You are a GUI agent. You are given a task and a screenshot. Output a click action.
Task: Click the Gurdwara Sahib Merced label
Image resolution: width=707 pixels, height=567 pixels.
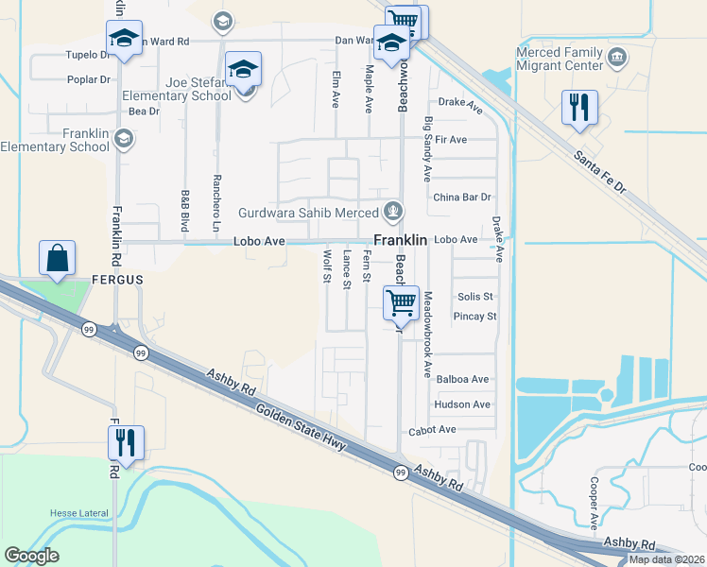tap(308, 213)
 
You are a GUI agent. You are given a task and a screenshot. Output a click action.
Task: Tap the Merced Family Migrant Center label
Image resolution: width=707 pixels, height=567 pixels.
tap(560, 60)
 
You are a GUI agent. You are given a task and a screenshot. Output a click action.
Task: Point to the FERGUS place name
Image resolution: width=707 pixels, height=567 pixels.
tap(117, 281)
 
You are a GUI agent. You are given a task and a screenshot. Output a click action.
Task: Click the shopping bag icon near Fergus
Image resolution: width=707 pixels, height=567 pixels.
tap(58, 258)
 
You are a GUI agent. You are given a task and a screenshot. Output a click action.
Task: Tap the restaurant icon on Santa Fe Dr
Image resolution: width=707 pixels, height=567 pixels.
tap(579, 107)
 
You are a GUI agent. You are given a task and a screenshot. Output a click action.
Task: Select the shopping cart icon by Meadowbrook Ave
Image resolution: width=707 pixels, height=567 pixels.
tap(401, 303)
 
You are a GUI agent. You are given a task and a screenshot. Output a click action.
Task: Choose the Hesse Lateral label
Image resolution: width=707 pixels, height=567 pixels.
tap(80, 513)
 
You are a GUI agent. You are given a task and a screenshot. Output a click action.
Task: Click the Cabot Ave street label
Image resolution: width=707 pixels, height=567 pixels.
tap(432, 430)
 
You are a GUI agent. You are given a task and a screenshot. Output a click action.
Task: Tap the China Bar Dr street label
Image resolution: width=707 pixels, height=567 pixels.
tap(462, 198)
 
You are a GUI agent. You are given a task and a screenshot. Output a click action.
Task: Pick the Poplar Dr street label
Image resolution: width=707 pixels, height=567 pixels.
tap(90, 79)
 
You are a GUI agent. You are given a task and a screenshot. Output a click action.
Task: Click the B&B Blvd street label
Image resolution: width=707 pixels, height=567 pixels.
tap(185, 210)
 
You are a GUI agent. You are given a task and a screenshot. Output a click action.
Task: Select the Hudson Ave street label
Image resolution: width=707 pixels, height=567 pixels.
tap(462, 404)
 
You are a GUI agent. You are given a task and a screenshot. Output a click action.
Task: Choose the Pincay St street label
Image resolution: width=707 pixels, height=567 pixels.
tap(474, 316)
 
